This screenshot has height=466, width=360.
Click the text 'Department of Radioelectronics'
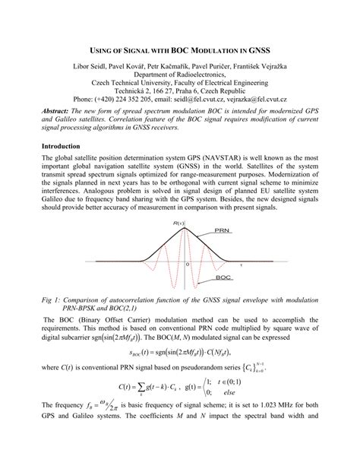click(x=179, y=77)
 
